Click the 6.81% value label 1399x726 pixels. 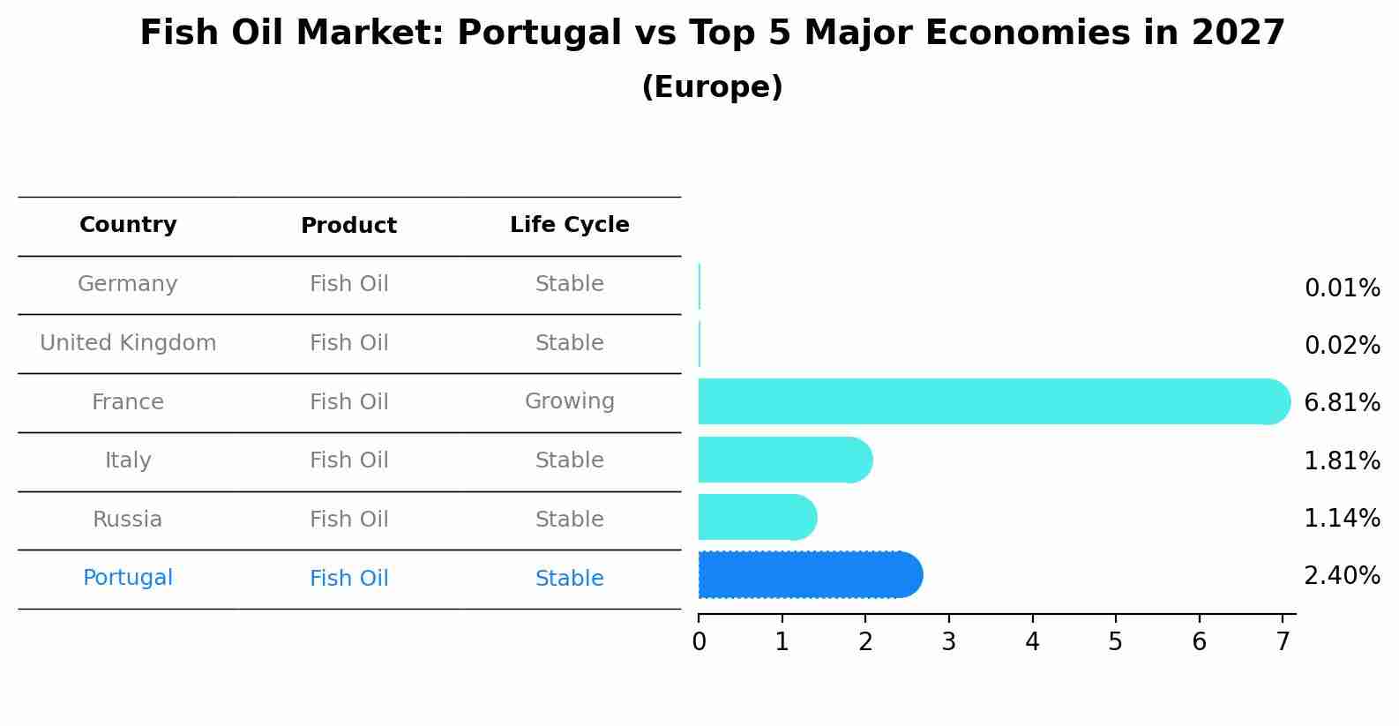[x=1342, y=403]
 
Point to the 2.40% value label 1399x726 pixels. [x=1342, y=576]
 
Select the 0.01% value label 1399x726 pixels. [x=1342, y=288]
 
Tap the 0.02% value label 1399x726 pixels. [x=1342, y=346]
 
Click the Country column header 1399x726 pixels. [x=128, y=225]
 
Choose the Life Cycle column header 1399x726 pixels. [x=569, y=225]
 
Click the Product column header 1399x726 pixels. [x=348, y=226]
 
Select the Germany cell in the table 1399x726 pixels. [x=128, y=284]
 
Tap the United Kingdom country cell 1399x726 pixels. [x=128, y=343]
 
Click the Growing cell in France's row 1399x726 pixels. [x=569, y=401]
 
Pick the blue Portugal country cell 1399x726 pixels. [x=128, y=578]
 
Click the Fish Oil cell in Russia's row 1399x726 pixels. [x=348, y=520]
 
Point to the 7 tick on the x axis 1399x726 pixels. [x=1283, y=641]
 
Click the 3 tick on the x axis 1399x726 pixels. [x=949, y=641]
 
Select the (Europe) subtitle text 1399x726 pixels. [x=712, y=87]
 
